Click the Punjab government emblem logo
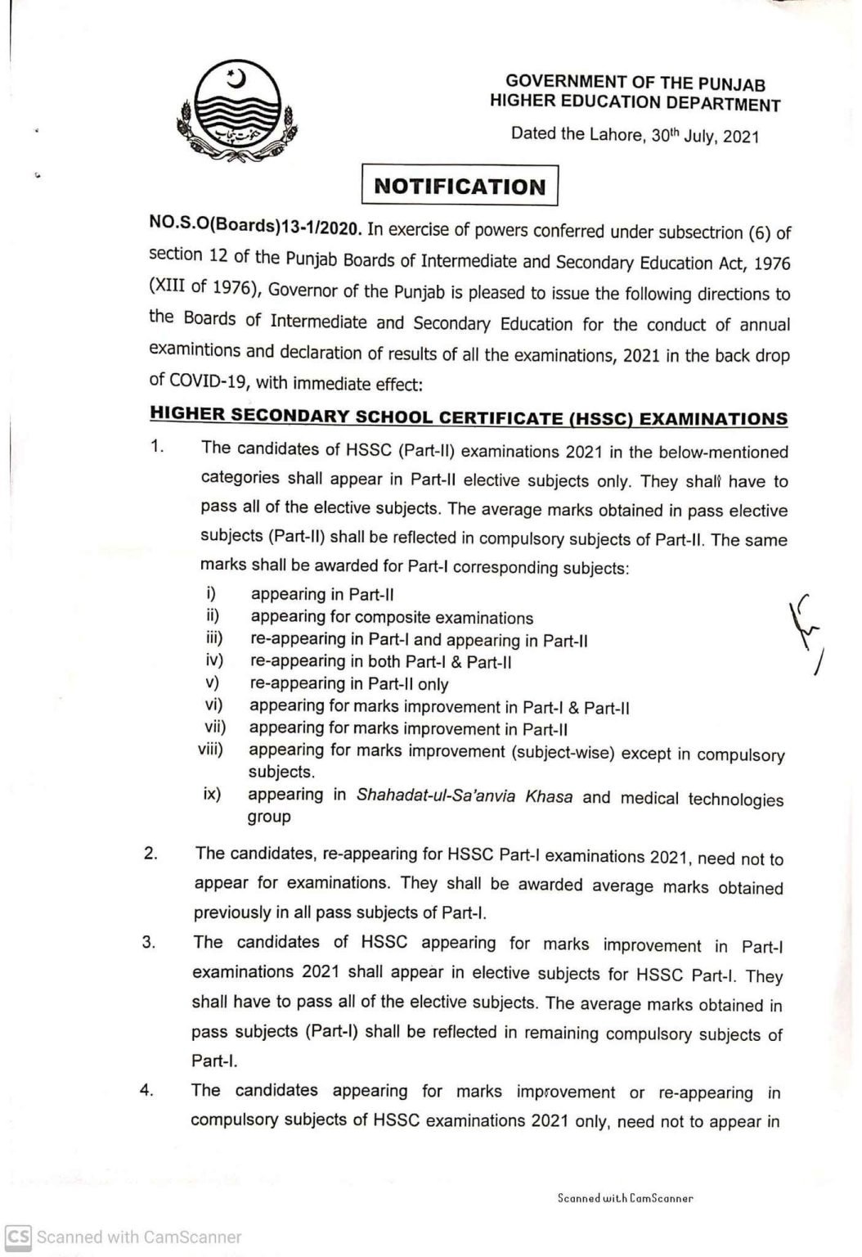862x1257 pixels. pos(236,114)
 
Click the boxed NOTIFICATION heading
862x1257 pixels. pos(460,186)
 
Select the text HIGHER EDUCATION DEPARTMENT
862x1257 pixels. pos(635,103)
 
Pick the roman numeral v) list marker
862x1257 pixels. pos(214,682)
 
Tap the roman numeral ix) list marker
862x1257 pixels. pos(213,793)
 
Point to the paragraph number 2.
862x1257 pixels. pos(150,853)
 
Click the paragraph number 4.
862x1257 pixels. pos(146,1089)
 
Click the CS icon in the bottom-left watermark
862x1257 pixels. pos(19,1237)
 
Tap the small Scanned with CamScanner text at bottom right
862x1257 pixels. pos(625,1198)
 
